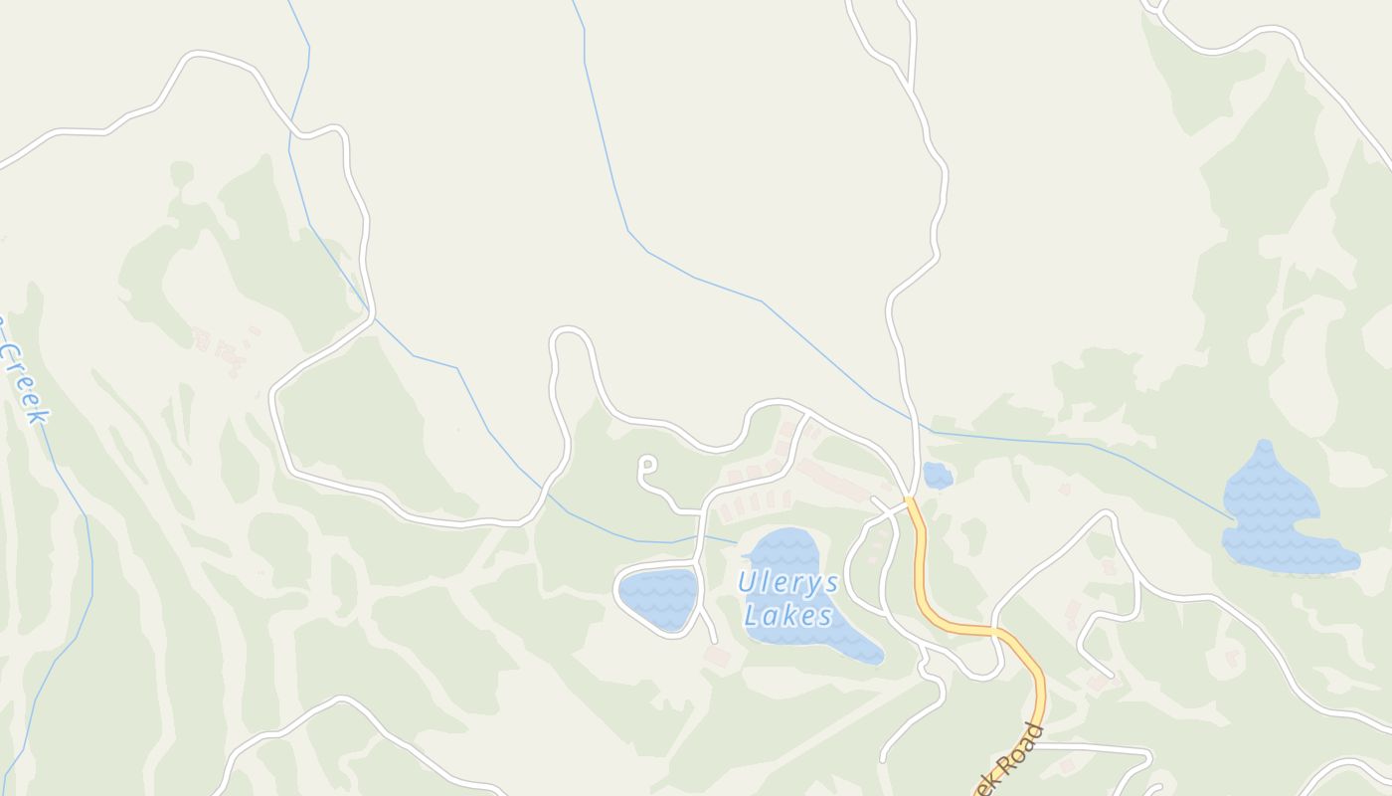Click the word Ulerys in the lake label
788,583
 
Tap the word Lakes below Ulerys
788,616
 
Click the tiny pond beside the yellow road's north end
937,476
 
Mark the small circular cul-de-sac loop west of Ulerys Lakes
648,464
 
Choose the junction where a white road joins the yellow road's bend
995,631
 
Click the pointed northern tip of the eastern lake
1265,444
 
